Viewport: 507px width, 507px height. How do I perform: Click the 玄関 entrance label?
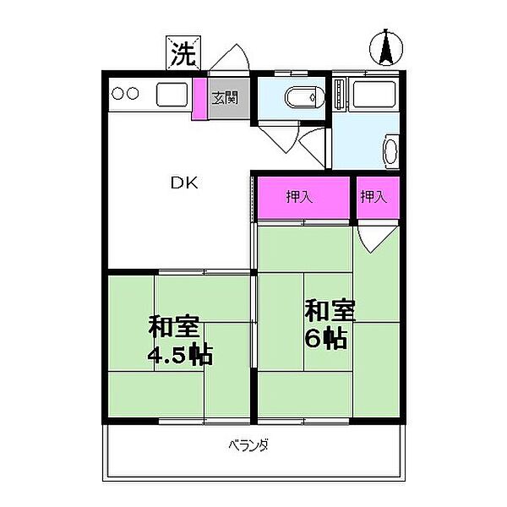click(x=224, y=97)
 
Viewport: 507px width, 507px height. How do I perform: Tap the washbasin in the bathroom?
click(x=391, y=153)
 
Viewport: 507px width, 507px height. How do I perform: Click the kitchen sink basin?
click(x=172, y=94)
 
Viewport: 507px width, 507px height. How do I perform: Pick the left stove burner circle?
click(x=118, y=94)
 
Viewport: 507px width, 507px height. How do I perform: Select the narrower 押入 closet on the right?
click(x=374, y=198)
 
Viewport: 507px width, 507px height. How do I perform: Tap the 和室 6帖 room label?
click(x=324, y=323)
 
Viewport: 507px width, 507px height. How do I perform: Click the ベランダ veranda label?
click(x=248, y=445)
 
